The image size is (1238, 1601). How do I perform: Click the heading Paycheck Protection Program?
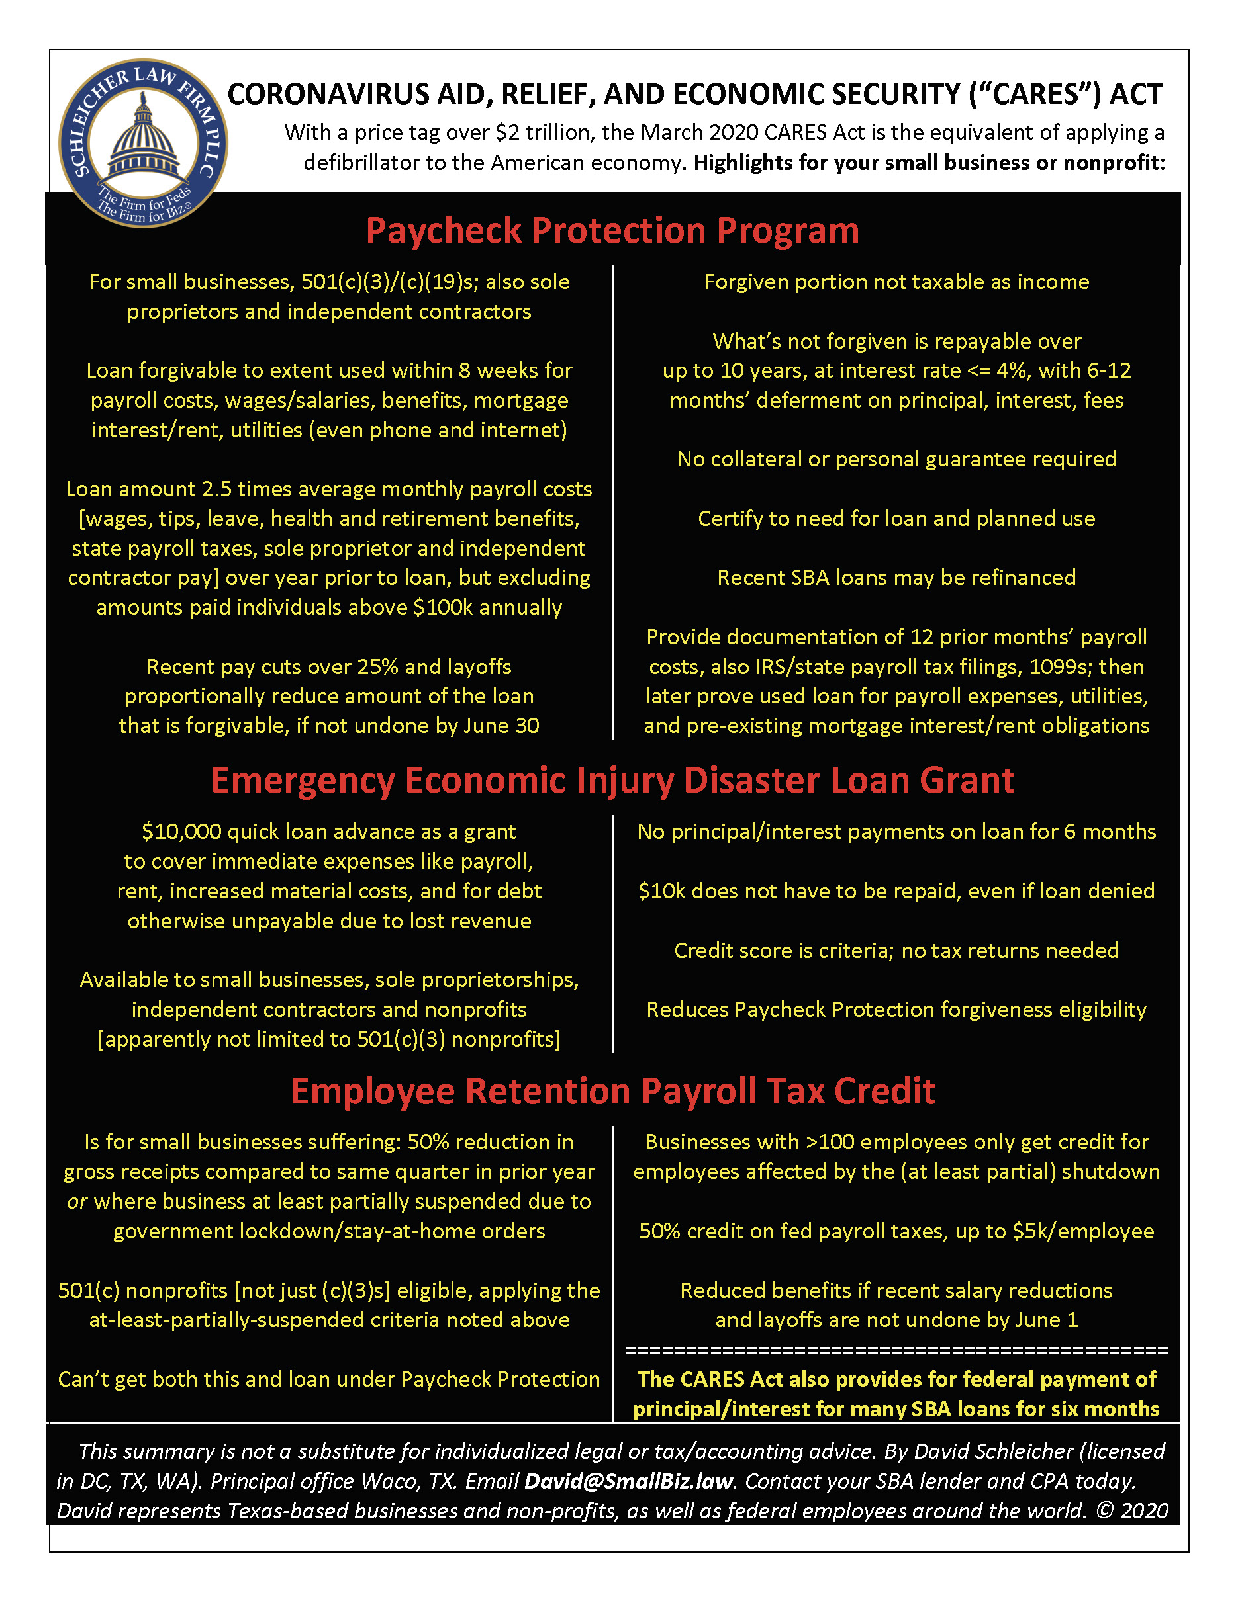612,231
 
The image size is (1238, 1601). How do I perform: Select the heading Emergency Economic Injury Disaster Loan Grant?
612,780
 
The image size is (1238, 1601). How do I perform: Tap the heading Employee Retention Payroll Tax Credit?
612,1091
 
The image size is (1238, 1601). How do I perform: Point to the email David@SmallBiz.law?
628,1481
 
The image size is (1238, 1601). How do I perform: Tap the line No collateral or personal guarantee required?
896,460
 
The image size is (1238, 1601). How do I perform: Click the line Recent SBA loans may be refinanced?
896,578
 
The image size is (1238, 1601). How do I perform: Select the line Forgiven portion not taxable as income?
896,282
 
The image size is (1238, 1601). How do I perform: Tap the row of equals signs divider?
896,1350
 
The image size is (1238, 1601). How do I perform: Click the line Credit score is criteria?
896,951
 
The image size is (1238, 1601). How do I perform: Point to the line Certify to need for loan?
896,519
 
